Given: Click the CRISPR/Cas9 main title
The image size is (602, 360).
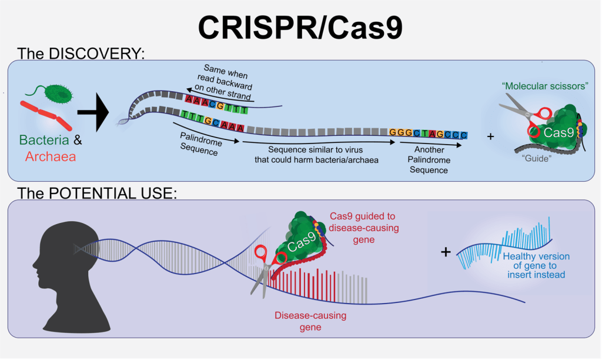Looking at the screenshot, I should click(x=300, y=26).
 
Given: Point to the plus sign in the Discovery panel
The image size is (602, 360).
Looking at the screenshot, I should click(x=491, y=136).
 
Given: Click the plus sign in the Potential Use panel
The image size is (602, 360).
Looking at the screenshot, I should click(x=446, y=252).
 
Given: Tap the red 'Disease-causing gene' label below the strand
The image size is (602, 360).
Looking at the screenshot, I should click(x=310, y=321).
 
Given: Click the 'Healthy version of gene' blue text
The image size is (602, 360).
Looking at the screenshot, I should click(x=536, y=265).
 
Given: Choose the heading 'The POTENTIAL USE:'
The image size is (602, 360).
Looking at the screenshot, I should click(x=96, y=193).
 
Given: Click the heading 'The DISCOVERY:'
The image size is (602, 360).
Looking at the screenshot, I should click(x=81, y=54).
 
